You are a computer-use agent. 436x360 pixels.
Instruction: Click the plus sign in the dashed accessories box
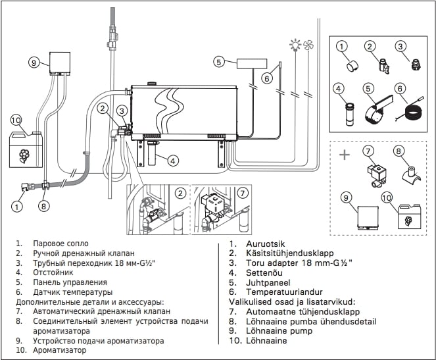(343, 155)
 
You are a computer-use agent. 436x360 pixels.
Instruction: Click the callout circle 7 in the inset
(243, 193)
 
